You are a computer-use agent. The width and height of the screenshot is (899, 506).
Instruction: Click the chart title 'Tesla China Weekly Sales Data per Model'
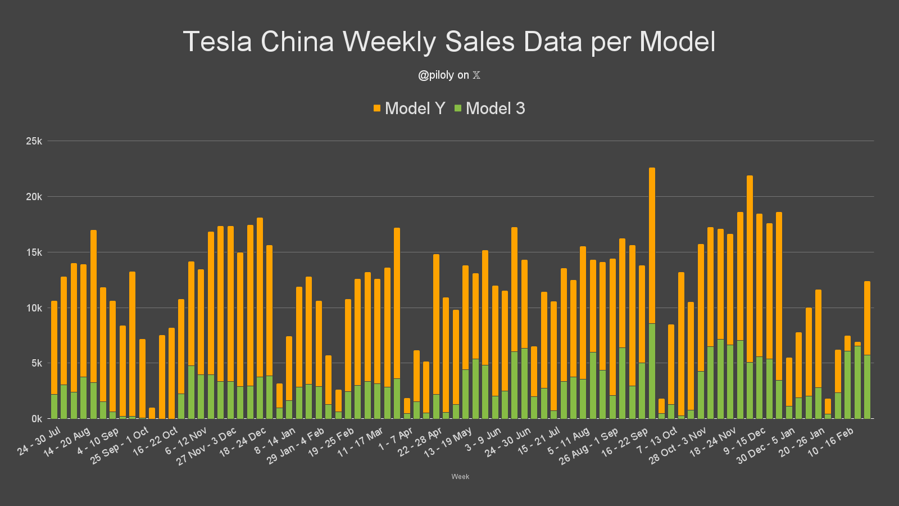[x=449, y=42]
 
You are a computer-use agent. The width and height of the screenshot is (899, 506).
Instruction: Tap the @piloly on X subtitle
[x=449, y=75]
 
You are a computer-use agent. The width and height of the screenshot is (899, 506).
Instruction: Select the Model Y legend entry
[x=410, y=109]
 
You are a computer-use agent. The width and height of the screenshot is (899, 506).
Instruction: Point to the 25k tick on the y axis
[x=34, y=141]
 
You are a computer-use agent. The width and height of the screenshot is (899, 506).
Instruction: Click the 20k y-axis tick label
[x=34, y=197]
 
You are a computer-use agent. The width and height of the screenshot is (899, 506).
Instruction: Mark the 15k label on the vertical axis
[x=34, y=252]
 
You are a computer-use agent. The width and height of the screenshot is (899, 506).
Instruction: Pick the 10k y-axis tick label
[x=34, y=308]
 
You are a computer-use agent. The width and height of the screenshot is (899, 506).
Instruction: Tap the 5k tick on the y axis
[x=36, y=363]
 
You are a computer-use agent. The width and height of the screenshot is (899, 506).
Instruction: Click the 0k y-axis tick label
[x=37, y=419]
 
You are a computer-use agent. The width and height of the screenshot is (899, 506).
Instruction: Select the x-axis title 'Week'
[x=460, y=477]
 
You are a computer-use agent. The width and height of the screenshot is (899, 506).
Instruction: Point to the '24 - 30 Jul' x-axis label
[x=39, y=442]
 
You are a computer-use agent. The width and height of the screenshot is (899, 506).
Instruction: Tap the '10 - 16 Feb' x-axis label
[x=830, y=442]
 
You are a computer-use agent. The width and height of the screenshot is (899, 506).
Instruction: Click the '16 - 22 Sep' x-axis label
[x=625, y=444]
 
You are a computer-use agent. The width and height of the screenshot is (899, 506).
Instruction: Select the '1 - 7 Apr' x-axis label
[x=396, y=439]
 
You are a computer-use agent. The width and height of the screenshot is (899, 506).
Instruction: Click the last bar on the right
[x=867, y=349]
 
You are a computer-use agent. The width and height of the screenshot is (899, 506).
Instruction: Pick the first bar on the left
[x=54, y=360]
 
